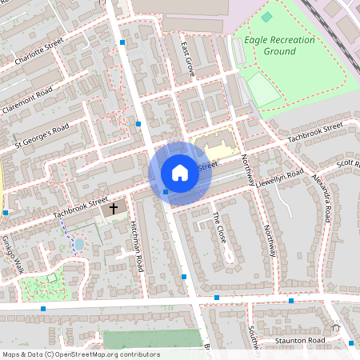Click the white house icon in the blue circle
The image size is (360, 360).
(179, 173)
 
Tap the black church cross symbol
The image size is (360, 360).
(114, 209)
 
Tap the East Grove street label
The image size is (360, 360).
(188, 58)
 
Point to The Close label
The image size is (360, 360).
(220, 228)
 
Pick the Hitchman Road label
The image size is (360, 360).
(136, 246)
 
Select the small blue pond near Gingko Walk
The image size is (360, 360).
(78, 242)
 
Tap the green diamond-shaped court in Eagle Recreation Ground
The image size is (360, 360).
(266, 16)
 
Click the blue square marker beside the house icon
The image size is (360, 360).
(166, 192)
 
